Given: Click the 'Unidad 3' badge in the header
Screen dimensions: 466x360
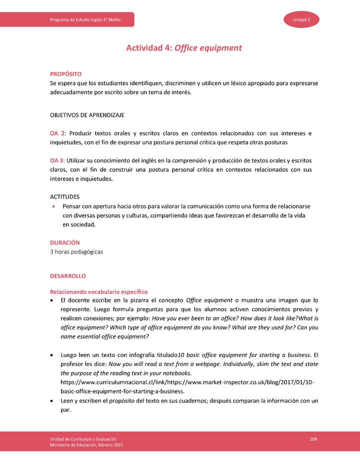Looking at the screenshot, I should coord(302,19).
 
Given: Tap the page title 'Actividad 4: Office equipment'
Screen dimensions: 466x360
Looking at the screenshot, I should coord(183,48).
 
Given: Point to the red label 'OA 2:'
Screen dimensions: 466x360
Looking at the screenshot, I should coord(58,133).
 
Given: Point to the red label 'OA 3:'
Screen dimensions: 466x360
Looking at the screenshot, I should coord(57,160).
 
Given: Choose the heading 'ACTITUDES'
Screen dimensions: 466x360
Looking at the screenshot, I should coord(64,197).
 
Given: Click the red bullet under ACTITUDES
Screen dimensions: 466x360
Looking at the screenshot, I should coord(53,206).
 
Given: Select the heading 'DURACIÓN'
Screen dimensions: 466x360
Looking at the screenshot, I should coord(64,242).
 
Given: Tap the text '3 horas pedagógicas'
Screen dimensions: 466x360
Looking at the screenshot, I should coord(76,251).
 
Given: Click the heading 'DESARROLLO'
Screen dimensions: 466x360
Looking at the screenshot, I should coord(67,276).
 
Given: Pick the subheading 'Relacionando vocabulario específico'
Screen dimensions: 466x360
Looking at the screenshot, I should coord(98,291).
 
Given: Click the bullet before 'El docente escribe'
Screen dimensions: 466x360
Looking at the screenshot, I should coord(52,300).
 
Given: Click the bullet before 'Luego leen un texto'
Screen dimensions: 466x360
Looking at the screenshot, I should coord(52,355).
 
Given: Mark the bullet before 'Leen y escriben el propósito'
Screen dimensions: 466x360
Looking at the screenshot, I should coord(52,401).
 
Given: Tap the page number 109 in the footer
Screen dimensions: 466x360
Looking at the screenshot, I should coord(313,438).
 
